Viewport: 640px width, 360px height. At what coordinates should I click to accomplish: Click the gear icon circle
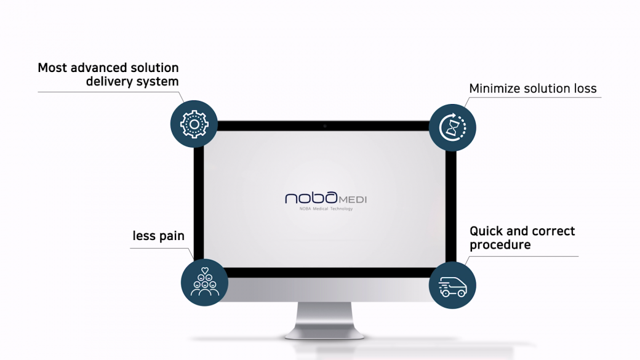[x=194, y=124]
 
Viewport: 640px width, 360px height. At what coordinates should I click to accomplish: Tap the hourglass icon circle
[x=452, y=127]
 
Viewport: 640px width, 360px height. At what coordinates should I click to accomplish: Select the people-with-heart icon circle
[x=204, y=282]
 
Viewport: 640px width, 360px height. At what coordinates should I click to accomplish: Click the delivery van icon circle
[x=452, y=286]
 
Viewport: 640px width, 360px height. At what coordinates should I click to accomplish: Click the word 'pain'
[x=172, y=236]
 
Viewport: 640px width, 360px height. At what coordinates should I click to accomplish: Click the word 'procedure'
[x=500, y=245]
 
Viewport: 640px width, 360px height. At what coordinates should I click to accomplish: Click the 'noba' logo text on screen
[x=311, y=198]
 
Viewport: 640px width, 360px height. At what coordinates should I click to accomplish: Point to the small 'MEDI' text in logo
[x=353, y=199]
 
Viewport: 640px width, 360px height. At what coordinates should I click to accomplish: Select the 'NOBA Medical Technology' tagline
[x=326, y=209]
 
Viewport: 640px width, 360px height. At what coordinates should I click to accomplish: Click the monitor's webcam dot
[x=325, y=126]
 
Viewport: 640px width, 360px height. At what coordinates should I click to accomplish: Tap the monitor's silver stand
[x=324, y=321]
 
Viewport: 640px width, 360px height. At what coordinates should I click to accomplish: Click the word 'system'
[x=158, y=82]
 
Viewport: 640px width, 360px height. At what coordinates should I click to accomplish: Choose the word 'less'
[x=144, y=236]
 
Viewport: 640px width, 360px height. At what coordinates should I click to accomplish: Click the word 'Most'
[x=52, y=68]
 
